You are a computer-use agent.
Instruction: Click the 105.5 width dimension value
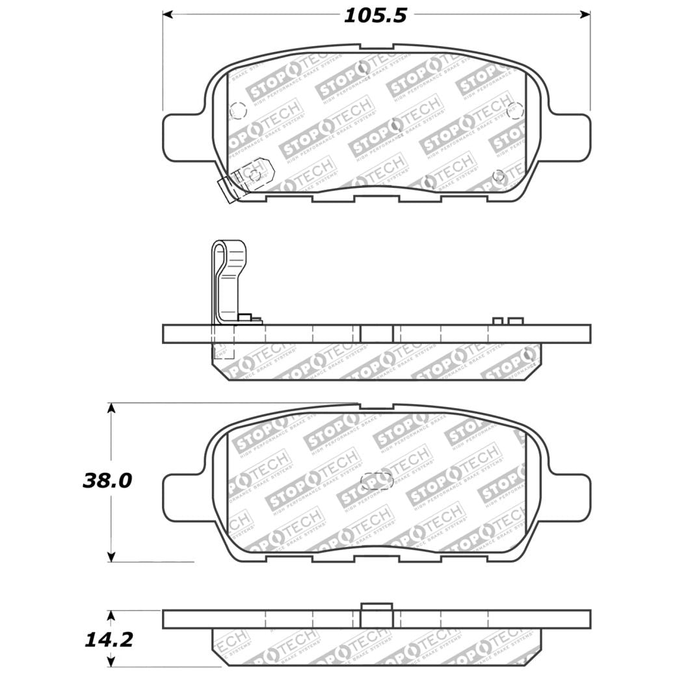point(375,15)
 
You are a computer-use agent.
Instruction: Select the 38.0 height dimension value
point(107,481)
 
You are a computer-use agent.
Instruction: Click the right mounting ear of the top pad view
point(570,138)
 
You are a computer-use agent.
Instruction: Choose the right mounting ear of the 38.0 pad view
point(570,497)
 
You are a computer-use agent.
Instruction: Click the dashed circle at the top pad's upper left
point(238,111)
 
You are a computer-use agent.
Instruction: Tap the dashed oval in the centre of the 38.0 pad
point(377,481)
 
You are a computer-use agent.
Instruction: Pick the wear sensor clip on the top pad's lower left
point(247,177)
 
